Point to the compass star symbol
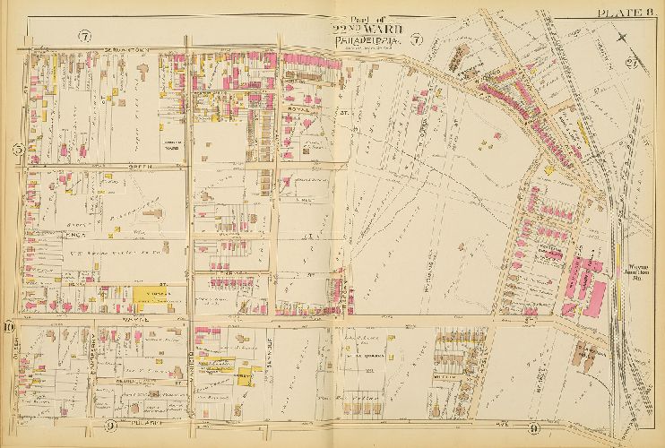click(624, 35)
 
